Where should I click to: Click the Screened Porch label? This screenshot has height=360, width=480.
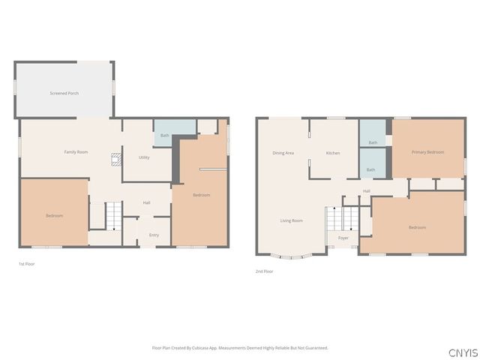64,93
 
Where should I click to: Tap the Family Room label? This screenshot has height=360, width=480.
76,152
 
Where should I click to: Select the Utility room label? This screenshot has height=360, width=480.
144,157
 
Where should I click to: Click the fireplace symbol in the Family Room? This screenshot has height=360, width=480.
116,159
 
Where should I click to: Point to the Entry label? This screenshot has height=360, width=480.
154,235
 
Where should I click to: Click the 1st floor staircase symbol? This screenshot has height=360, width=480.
112,216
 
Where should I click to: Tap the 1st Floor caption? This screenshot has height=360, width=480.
26,264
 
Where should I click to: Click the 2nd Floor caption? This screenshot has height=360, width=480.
264,271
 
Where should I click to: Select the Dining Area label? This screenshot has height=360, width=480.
283,153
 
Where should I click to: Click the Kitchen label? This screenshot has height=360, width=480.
333,153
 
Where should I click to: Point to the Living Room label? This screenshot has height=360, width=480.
291,220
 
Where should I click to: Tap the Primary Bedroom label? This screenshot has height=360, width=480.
427,152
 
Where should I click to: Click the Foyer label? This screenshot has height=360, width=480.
343,238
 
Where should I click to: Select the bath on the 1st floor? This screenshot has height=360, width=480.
164,136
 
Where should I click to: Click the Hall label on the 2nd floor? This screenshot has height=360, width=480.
367,191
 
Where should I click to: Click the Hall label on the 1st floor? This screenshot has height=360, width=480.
147,202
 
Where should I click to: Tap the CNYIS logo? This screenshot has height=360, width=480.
462,352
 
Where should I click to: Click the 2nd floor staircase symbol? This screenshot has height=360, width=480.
343,219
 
